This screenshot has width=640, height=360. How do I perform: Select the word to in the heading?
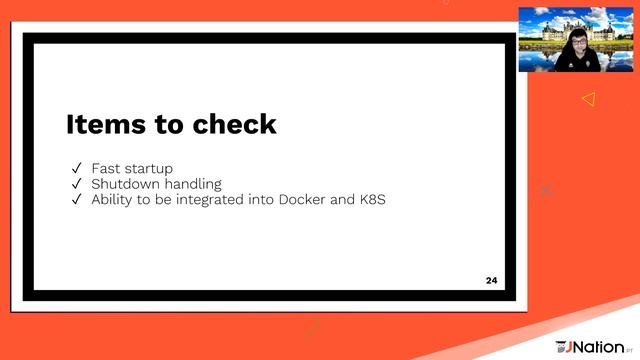(x=168, y=125)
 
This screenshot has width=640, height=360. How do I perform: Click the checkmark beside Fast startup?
(x=76, y=169)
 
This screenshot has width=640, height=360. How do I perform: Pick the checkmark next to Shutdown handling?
(x=76, y=184)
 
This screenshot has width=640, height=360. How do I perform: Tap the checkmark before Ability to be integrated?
(x=76, y=199)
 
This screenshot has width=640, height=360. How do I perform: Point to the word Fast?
(x=106, y=169)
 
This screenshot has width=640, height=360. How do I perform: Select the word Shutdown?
(x=124, y=184)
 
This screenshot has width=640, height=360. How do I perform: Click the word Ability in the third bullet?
(x=111, y=200)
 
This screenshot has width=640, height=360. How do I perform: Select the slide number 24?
(x=491, y=279)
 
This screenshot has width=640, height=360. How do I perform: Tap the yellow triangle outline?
(x=588, y=98)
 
